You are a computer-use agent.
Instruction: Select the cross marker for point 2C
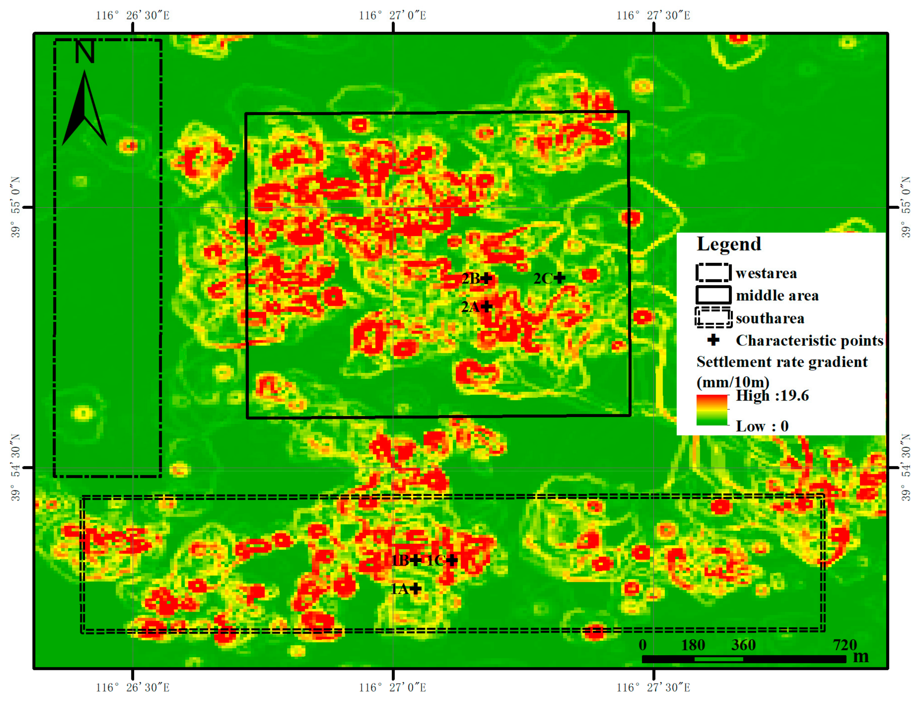point(560,278)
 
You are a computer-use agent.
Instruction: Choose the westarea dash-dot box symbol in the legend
point(713,273)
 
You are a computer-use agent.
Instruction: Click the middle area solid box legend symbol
point(713,295)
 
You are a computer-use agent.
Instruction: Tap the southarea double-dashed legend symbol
point(713,318)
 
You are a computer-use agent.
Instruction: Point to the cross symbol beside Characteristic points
point(713,340)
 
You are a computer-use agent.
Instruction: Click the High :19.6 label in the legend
point(772,396)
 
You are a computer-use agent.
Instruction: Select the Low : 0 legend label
point(762,426)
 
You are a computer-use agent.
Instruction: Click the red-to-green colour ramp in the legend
point(712,410)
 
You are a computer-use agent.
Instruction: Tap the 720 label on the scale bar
point(845,645)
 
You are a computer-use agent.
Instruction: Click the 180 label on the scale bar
point(693,645)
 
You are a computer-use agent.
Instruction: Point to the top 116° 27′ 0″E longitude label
point(392,16)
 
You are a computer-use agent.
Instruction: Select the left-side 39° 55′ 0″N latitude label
point(16,207)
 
